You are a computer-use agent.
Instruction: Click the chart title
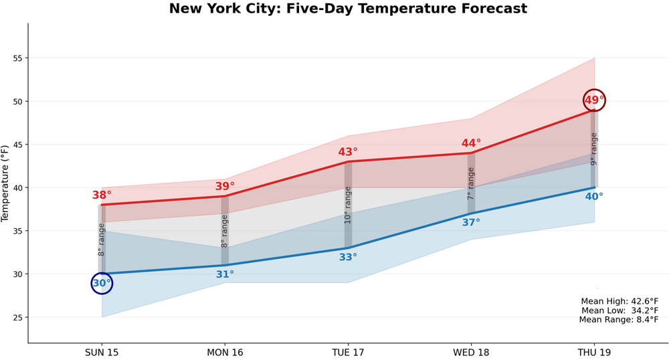[348, 9]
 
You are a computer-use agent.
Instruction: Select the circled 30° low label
[102, 283]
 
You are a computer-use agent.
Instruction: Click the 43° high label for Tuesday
[348, 152]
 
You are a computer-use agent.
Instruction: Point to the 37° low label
[471, 222]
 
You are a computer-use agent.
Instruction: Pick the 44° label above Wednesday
[471, 143]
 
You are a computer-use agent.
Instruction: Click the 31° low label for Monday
[225, 274]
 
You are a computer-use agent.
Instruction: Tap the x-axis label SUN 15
[102, 353]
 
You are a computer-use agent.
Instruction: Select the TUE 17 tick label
[348, 353]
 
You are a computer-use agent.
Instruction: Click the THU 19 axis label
[594, 353]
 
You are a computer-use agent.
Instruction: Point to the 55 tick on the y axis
[17, 58]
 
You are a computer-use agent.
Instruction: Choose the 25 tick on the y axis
[17, 317]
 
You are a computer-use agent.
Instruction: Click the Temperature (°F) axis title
[6, 183]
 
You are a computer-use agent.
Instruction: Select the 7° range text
[471, 183]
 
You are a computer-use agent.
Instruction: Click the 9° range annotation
[593, 149]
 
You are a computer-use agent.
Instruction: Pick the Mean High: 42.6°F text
[619, 301]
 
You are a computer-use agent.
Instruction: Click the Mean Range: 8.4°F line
[619, 320]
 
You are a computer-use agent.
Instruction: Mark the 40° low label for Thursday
[594, 197]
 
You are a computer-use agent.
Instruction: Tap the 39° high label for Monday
[225, 186]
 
